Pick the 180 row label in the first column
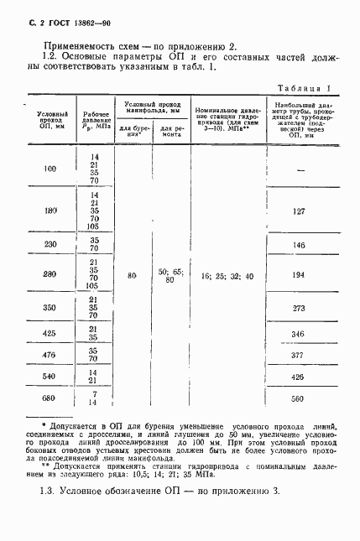50,211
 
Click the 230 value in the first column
50,244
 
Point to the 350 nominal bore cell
50,307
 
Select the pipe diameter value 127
297,211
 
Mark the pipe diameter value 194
297,275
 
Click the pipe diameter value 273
297,307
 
